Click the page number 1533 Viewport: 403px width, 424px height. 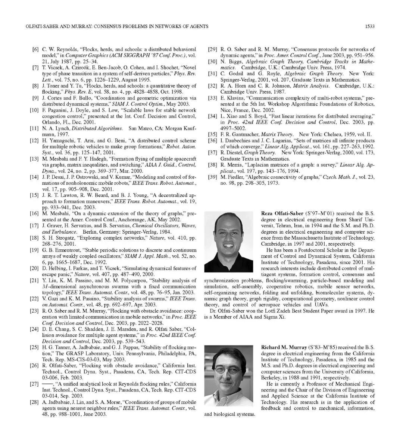[370, 26]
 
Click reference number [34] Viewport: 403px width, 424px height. [212, 116]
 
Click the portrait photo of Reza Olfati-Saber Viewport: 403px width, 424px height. [229, 241]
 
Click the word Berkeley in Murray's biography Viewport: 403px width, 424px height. [271, 377]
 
